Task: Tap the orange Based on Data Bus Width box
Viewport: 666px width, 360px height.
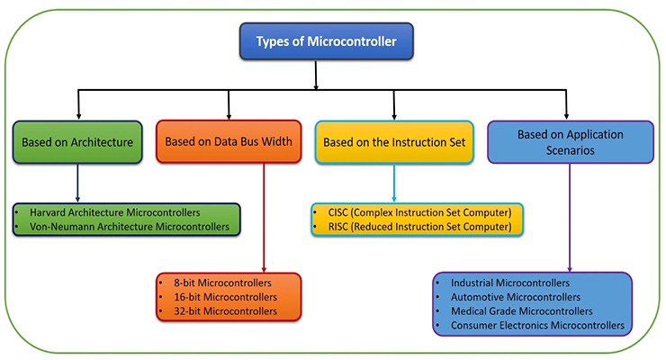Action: point(229,141)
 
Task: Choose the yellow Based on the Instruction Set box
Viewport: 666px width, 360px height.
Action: point(393,141)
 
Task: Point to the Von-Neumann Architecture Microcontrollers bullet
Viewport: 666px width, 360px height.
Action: point(129,227)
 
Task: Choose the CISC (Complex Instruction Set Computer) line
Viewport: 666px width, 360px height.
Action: point(414,212)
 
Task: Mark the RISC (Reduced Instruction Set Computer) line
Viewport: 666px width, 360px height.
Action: point(414,227)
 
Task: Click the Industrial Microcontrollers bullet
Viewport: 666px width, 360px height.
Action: point(509,283)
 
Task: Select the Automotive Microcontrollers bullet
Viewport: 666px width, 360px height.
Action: point(515,297)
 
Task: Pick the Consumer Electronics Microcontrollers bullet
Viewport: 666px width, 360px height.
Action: point(538,326)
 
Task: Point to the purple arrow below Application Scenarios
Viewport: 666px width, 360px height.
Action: point(568,216)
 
